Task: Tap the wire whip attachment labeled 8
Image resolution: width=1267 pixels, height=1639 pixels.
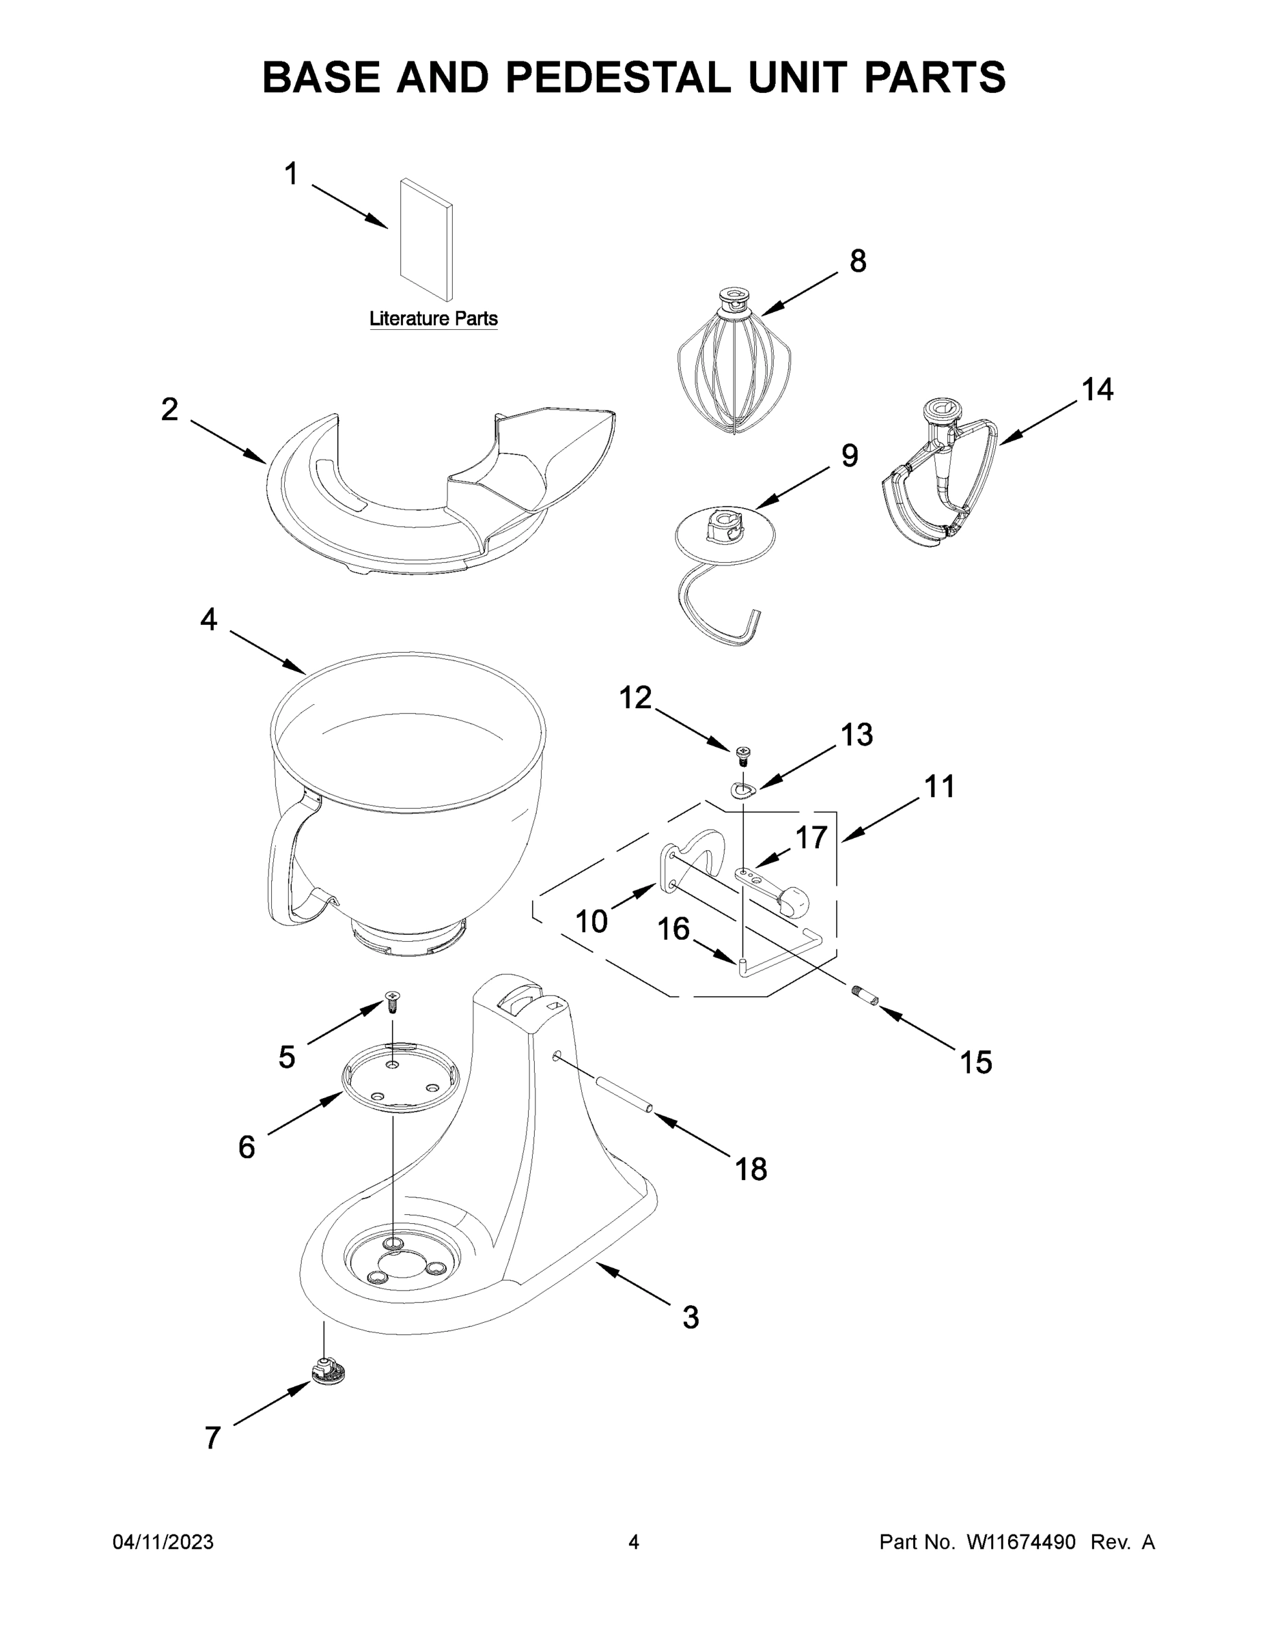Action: [732, 372]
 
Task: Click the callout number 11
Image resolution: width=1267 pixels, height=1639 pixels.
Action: [939, 787]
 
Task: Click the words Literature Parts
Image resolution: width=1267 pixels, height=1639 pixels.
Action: [433, 319]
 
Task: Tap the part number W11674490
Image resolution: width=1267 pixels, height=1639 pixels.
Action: [1021, 1542]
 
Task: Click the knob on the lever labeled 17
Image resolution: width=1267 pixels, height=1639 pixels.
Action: [794, 899]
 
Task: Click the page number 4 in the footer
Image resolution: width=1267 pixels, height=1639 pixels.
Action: [634, 1542]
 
